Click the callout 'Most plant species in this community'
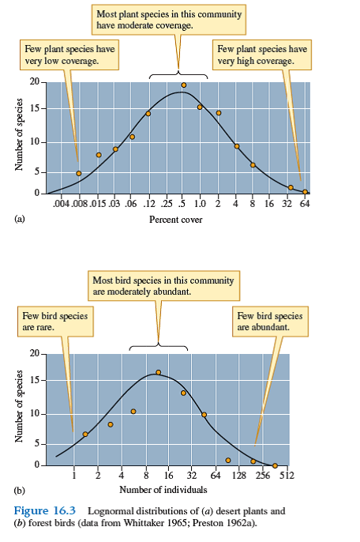[169, 20]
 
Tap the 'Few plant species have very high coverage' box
[262, 55]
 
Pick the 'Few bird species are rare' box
[55, 320]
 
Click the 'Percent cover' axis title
[175, 220]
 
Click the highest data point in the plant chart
[183, 85]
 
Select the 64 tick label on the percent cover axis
[304, 204]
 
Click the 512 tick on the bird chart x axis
[286, 476]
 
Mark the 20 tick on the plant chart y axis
[34, 82]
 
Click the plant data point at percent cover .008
[78, 173]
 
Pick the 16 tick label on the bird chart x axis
[169, 476]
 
